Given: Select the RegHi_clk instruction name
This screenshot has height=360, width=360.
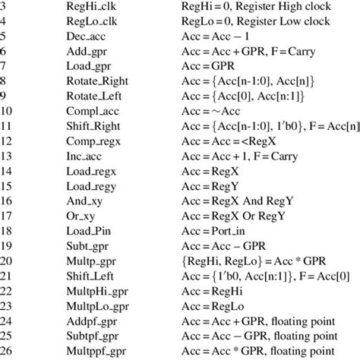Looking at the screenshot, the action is (x=90, y=7).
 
